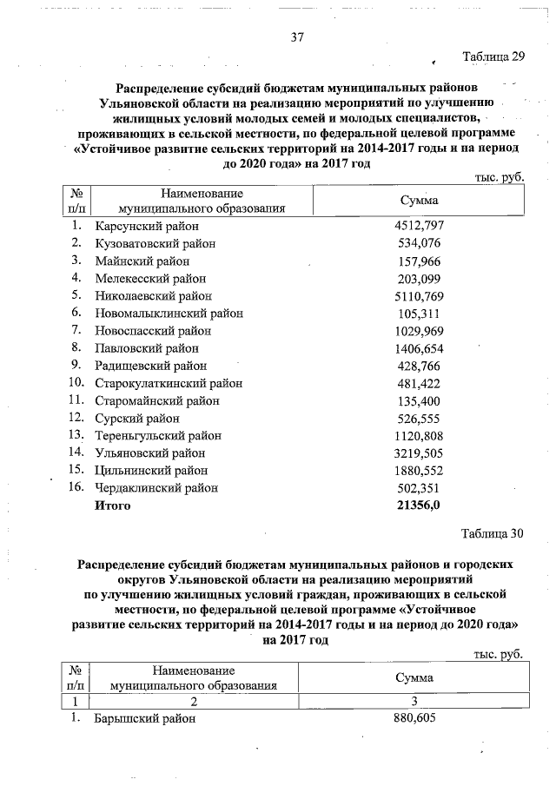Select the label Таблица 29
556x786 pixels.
(494, 57)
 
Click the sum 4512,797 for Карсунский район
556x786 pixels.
(420, 226)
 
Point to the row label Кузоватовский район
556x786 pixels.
(155, 243)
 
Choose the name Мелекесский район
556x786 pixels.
(151, 278)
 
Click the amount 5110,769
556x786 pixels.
(420, 295)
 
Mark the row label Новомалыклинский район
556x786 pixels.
(169, 313)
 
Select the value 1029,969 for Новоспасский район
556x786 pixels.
(420, 331)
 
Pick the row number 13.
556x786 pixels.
(76, 435)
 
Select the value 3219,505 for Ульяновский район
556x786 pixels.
(420, 452)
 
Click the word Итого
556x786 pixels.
(113, 505)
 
